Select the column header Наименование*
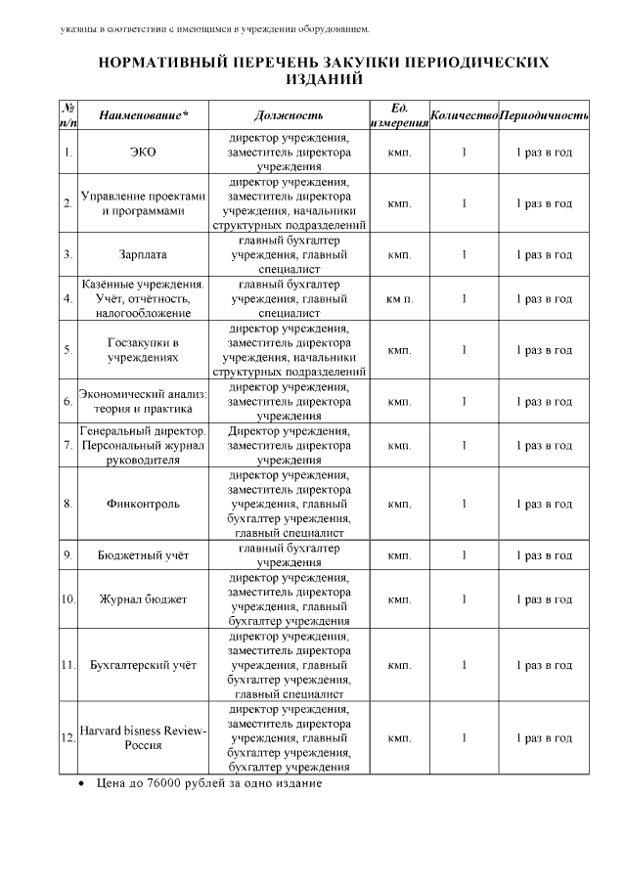pyautogui.click(x=143, y=115)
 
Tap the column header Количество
pyautogui.click(x=464, y=115)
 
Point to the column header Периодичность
pyautogui.click(x=544, y=115)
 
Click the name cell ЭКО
pyautogui.click(x=143, y=154)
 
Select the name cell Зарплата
pyautogui.click(x=143, y=255)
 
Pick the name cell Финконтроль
pyautogui.click(x=143, y=504)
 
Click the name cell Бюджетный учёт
pyautogui.click(x=143, y=555)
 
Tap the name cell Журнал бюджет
pyautogui.click(x=143, y=599)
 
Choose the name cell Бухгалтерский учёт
pyautogui.click(x=143, y=665)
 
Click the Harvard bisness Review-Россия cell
pyautogui.click(x=143, y=737)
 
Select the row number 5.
pyautogui.click(x=67, y=350)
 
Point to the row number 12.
pyautogui.click(x=67, y=738)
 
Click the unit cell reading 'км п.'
pyautogui.click(x=399, y=299)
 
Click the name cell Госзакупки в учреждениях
pyautogui.click(x=143, y=350)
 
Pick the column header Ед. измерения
pyautogui.click(x=399, y=115)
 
